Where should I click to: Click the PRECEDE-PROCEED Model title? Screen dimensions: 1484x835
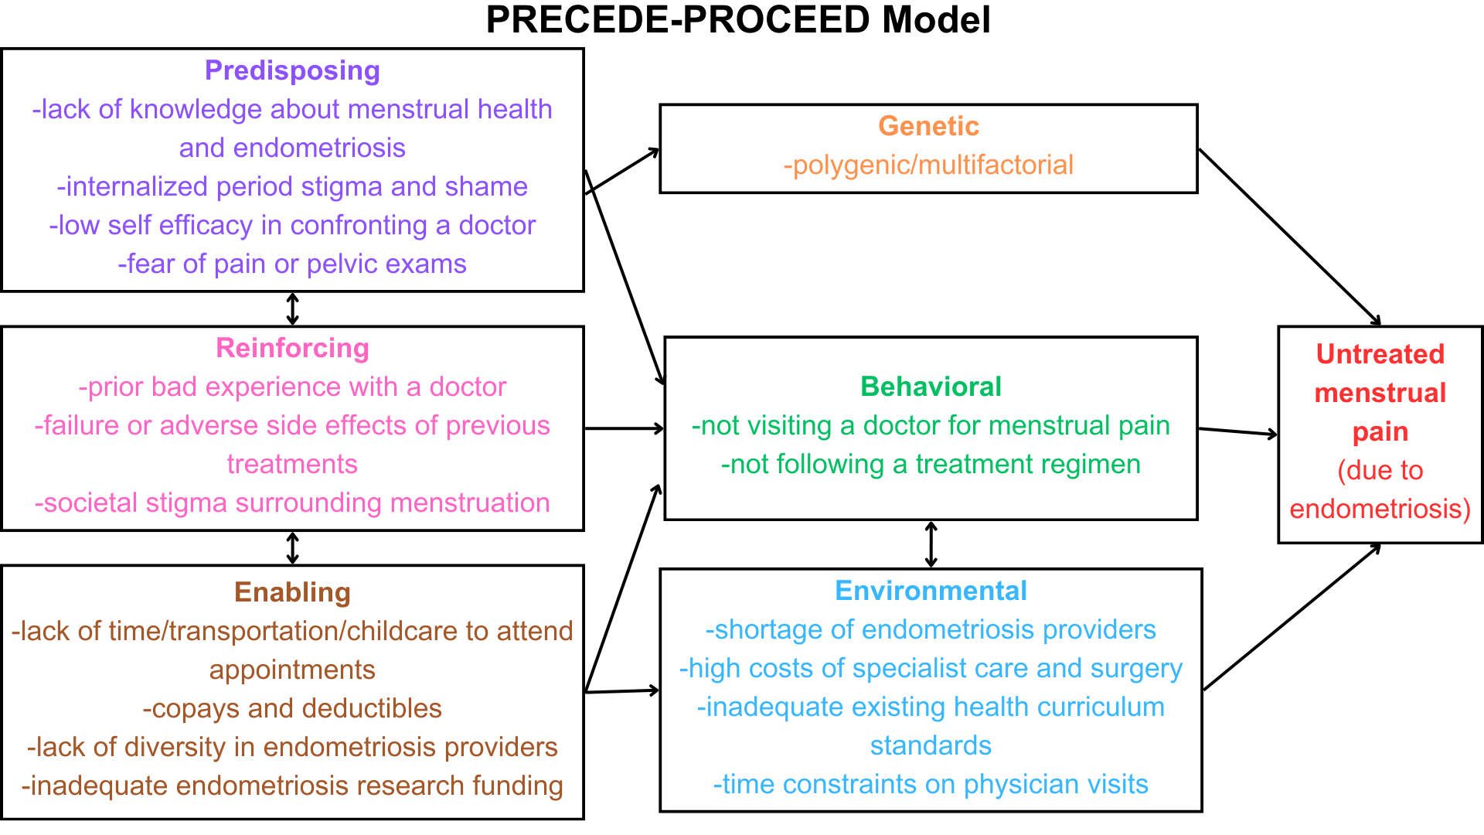point(738,20)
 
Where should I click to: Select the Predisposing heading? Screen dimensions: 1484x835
point(292,70)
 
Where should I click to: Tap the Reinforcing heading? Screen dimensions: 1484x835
point(292,348)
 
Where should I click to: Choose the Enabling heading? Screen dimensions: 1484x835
point(292,592)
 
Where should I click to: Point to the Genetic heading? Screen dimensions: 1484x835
point(928,126)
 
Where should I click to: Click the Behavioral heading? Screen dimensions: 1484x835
point(931,387)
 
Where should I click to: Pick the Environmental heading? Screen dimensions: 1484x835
point(931,591)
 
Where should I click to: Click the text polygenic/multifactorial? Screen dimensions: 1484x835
point(928,165)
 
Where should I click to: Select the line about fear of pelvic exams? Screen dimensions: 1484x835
point(292,264)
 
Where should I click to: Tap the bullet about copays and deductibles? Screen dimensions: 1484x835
point(292,708)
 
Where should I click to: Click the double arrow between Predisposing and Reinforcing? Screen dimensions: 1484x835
point(292,308)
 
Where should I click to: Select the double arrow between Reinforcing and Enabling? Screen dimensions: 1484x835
point(292,548)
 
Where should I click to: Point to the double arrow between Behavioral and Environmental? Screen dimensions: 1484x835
point(931,545)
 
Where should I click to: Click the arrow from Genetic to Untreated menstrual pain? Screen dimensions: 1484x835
point(1289,237)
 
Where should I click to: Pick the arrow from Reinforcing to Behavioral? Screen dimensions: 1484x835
point(625,428)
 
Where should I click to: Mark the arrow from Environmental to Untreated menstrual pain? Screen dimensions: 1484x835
point(1292,616)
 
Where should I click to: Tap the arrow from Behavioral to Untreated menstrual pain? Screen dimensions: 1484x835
point(1238,431)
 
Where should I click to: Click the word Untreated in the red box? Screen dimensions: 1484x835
point(1380,354)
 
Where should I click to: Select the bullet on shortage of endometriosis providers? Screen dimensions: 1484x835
point(931,629)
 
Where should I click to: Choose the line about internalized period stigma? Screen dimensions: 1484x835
point(292,186)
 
